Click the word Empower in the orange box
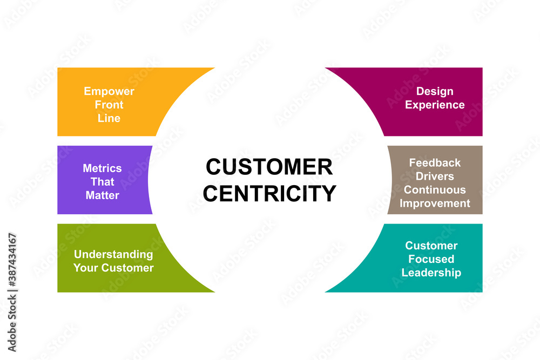click(109, 91)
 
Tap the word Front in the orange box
click(109, 105)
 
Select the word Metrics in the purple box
click(102, 168)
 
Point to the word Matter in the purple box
click(102, 195)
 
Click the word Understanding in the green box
click(113, 254)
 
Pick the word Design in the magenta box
click(435, 91)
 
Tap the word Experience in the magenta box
click(435, 105)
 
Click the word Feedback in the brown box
click(435, 162)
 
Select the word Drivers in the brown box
click(435, 176)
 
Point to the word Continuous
click(435, 189)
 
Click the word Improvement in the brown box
click(435, 203)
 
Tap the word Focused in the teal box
click(431, 259)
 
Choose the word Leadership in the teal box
click(431, 273)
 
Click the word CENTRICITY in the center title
click(269, 193)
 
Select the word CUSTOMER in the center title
click(269, 167)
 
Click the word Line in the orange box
click(109, 118)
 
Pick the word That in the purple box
click(102, 181)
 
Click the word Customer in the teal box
click(431, 246)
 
